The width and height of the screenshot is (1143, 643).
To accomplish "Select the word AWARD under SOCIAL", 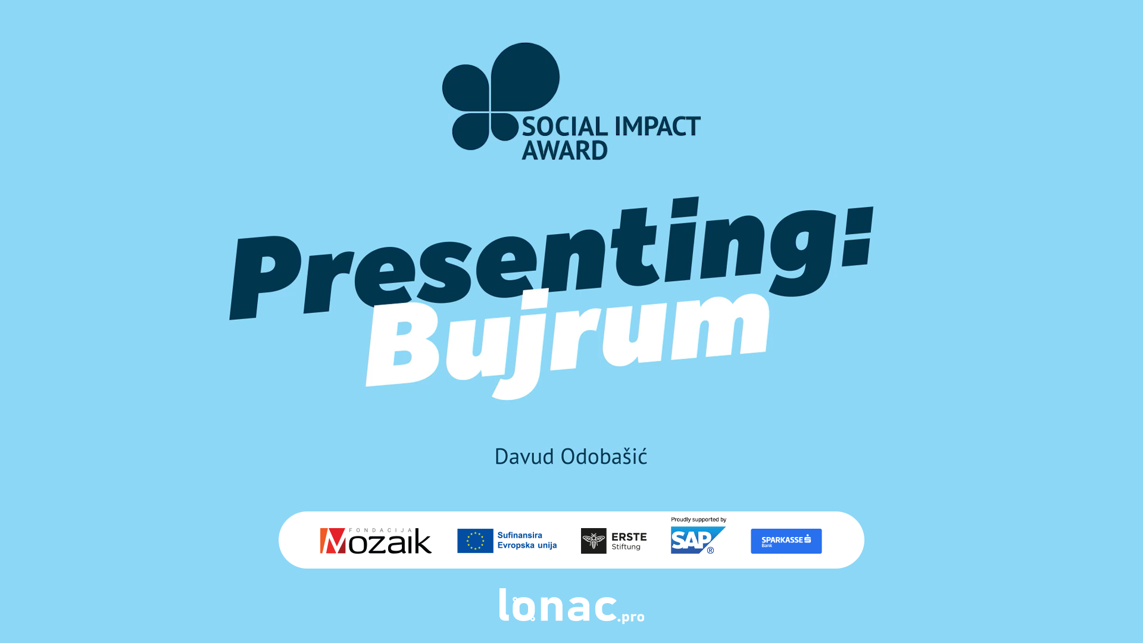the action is (x=564, y=150).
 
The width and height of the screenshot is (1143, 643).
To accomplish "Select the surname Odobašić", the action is (x=604, y=456).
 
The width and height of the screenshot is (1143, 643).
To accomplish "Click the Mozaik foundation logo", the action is (x=376, y=541).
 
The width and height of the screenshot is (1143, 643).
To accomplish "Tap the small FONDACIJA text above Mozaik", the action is (x=380, y=530).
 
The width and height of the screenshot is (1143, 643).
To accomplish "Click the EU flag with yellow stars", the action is (x=475, y=541).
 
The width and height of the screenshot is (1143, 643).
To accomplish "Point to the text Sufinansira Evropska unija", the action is (x=527, y=540).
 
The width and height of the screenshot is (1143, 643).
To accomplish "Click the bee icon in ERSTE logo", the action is (x=594, y=541).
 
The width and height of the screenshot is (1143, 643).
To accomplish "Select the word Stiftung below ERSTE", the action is (x=626, y=547).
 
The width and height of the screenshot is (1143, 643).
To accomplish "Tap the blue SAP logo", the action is (x=698, y=540).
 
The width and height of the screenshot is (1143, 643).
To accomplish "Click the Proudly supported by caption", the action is (x=698, y=520).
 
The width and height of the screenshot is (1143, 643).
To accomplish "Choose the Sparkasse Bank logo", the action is (x=786, y=541).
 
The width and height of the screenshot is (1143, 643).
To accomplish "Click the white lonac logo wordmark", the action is (x=558, y=606).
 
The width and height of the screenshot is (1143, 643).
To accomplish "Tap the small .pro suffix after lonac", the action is (x=631, y=617).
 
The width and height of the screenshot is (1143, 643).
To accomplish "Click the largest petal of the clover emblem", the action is (x=525, y=77).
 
